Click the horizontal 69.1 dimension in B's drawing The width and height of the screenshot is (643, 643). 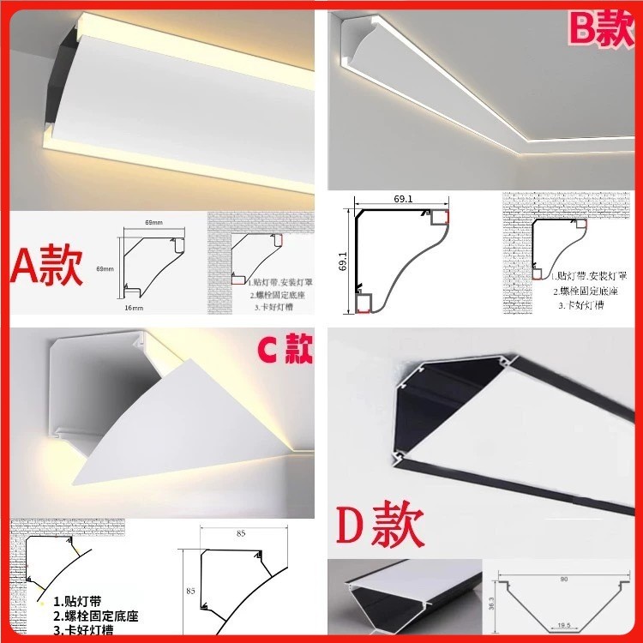pos(403,199)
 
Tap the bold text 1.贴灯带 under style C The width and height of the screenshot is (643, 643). pos(76,601)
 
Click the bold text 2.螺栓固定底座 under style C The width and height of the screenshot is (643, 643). pos(95,616)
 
